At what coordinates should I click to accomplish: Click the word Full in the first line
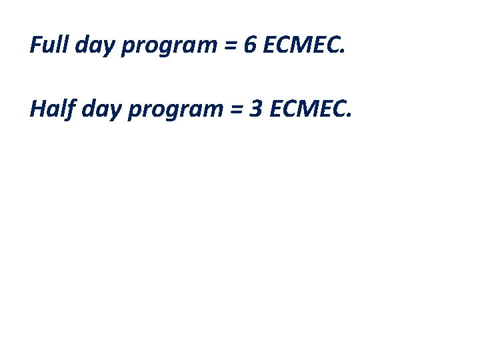[49, 45]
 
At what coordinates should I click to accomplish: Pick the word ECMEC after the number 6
[302, 45]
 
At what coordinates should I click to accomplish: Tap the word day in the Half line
[101, 109]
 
